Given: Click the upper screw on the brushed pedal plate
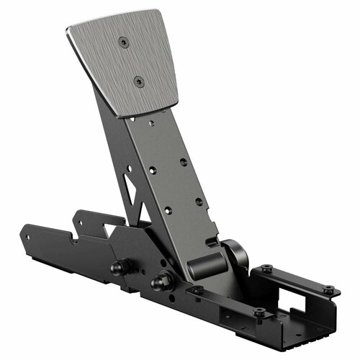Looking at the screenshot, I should tap(124, 42).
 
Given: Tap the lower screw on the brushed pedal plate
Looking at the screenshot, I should tap(140, 81).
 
